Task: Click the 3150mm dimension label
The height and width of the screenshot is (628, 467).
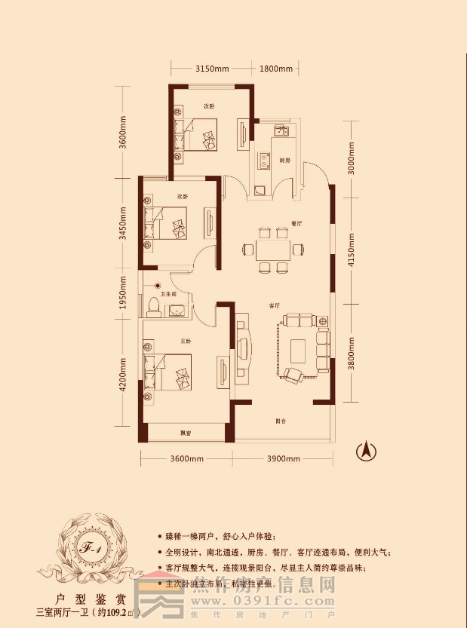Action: (x=211, y=69)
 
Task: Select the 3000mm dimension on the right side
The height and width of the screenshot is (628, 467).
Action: (x=351, y=159)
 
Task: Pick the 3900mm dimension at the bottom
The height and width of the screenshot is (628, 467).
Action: (x=284, y=459)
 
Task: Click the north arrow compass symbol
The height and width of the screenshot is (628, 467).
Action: (x=367, y=451)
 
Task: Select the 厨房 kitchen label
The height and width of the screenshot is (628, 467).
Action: (x=284, y=161)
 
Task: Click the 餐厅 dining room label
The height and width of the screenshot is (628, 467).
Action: (x=296, y=224)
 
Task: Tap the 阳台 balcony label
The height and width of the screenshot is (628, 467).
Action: (x=279, y=421)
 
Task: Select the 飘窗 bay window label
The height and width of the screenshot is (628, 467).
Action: (x=185, y=433)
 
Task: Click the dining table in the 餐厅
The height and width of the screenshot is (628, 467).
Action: (x=273, y=250)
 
